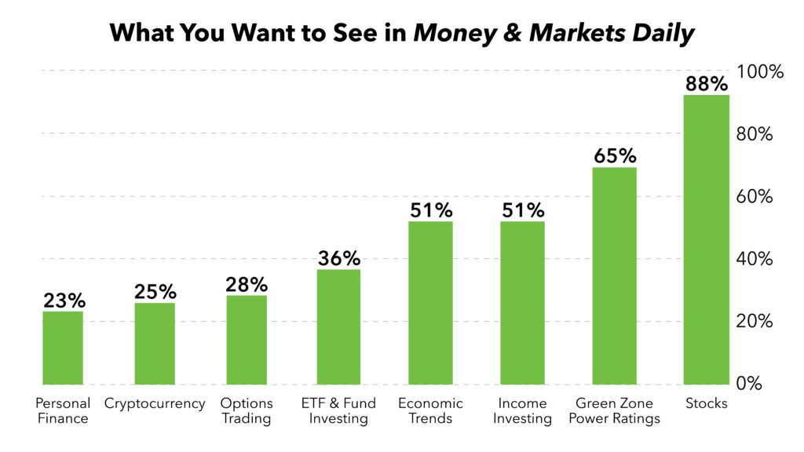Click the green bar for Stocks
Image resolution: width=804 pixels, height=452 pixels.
pos(706,239)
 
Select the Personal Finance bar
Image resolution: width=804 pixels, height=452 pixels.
pos(63,348)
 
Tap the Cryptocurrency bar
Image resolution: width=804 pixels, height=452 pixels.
pos(155,344)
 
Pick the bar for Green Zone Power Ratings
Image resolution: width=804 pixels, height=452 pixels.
pos(614,275)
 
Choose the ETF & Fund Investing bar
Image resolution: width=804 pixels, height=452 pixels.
pos(338,326)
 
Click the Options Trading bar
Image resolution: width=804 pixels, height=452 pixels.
pos(247,340)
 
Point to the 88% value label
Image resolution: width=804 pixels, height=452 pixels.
pos(706,82)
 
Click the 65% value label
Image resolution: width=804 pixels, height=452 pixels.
pos(614,155)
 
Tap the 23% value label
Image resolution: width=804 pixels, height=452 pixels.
pos(63,300)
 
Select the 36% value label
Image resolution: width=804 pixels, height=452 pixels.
pos(338,257)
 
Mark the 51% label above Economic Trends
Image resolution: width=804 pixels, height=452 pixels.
pos(430,210)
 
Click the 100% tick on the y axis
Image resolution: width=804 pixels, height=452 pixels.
pos(760,71)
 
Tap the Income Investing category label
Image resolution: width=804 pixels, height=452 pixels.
pos(522,410)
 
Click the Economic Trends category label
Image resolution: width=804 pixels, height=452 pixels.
pos(430,410)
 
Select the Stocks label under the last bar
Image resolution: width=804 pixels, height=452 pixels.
pos(706,403)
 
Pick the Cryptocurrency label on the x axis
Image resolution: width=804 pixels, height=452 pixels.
pos(155,403)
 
